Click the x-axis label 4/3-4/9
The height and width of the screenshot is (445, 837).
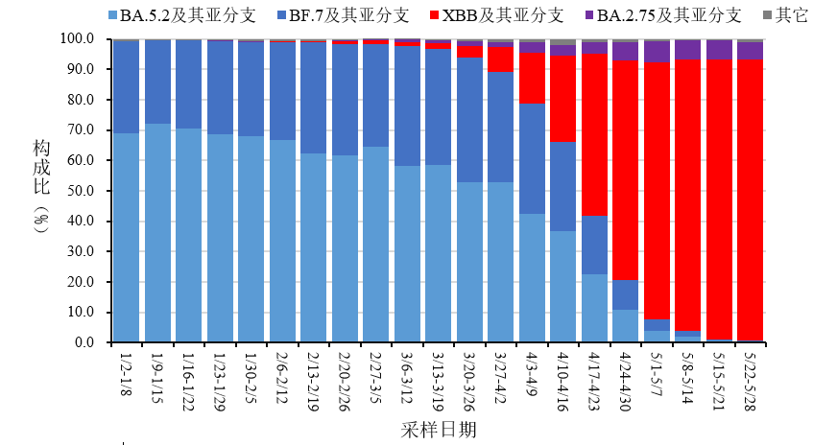tap(533, 376)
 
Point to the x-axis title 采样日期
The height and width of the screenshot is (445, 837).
tap(438, 429)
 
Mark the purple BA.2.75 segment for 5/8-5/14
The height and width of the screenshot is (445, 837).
tap(688, 49)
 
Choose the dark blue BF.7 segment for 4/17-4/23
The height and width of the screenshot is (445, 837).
tap(594, 245)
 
